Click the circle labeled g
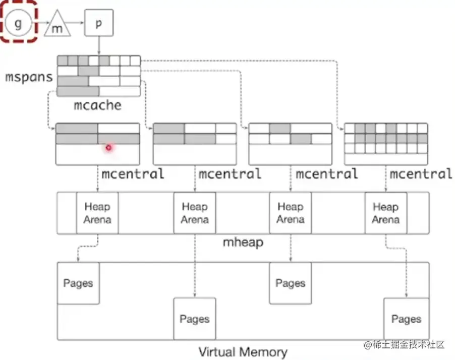click(18, 24)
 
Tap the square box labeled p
click(98, 23)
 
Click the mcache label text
click(98, 105)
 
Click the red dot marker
click(108, 147)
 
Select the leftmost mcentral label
click(133, 174)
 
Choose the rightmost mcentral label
click(421, 174)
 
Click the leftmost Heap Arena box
click(97, 213)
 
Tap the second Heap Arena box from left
click(194, 213)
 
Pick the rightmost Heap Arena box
click(386, 213)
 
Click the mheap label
click(243, 242)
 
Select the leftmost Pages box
click(78, 283)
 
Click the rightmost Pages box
click(406, 319)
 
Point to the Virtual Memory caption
click(243, 351)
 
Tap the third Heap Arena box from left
click(290, 213)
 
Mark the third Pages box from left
click(290, 283)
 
